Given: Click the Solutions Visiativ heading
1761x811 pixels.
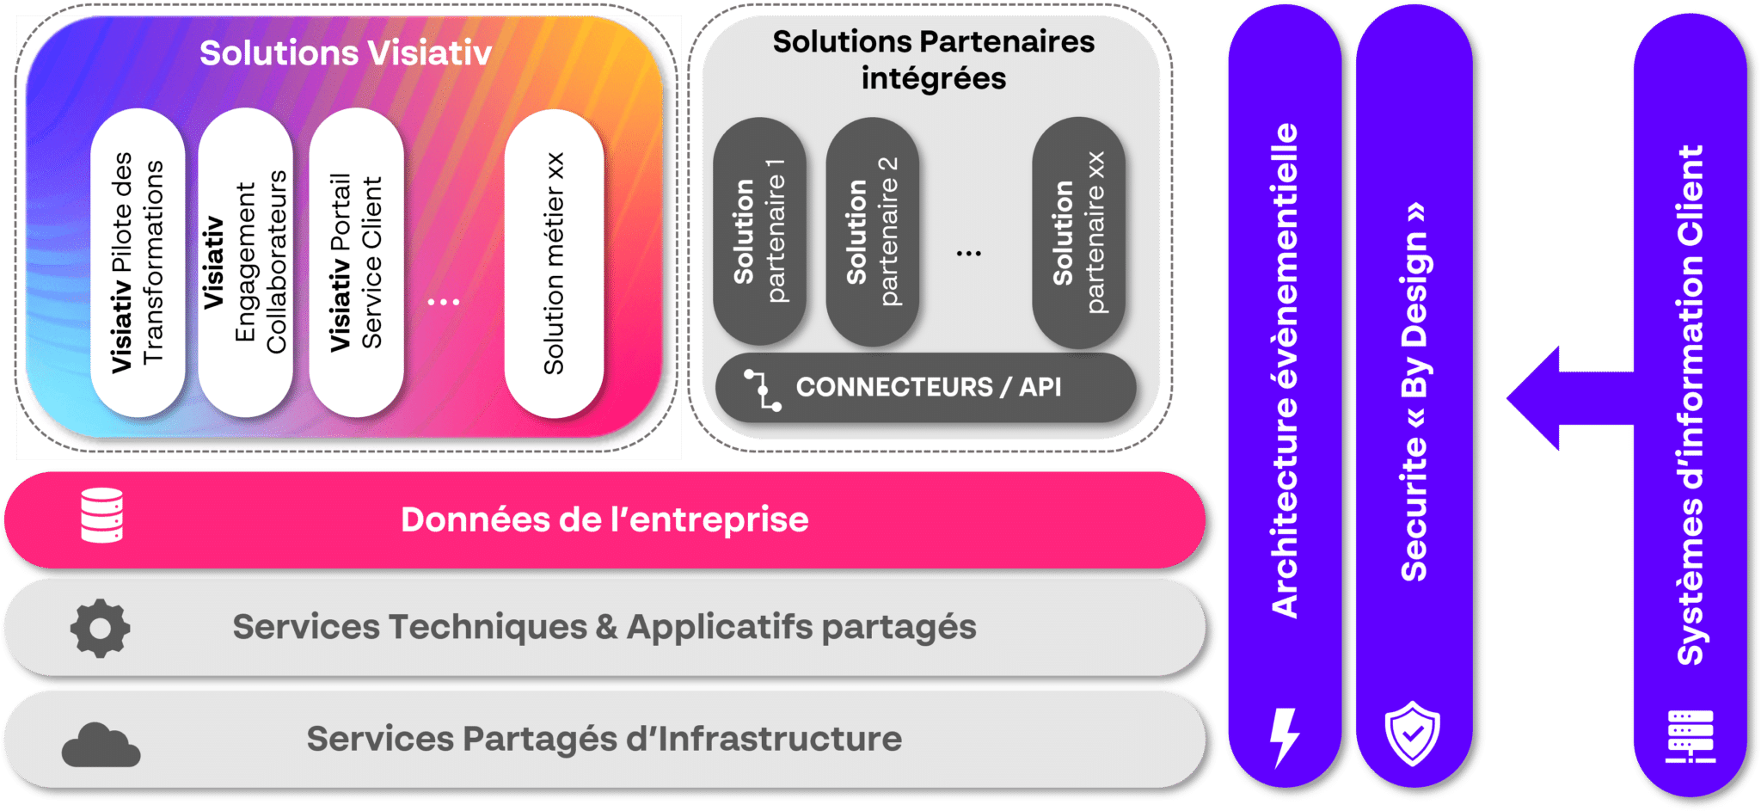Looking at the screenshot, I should [346, 53].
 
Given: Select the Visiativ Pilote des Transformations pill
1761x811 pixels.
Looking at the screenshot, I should [138, 262].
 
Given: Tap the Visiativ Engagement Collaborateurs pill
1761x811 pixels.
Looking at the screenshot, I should [246, 262].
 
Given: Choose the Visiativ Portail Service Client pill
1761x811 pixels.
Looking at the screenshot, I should [356, 262].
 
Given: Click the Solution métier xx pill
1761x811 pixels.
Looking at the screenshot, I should [554, 263].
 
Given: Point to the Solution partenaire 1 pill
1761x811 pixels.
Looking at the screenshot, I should [759, 232].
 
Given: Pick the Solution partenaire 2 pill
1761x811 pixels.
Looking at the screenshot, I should [872, 232].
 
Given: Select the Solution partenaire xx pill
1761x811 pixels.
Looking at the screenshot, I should [1078, 232].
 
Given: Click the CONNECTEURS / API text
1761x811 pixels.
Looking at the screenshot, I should [929, 387].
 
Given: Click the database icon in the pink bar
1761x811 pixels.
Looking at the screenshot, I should [102, 515].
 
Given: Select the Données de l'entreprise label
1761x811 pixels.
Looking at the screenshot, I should [604, 519].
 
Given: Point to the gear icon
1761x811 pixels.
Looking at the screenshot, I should [101, 628].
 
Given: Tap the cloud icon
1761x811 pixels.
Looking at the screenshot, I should [101, 745].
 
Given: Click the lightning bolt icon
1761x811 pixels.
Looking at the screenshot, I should [1284, 736].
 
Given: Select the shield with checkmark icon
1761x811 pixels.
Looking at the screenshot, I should [1412, 733].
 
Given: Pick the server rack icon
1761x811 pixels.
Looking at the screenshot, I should [1690, 736].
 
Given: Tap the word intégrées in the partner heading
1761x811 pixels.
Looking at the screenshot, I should [934, 79].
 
